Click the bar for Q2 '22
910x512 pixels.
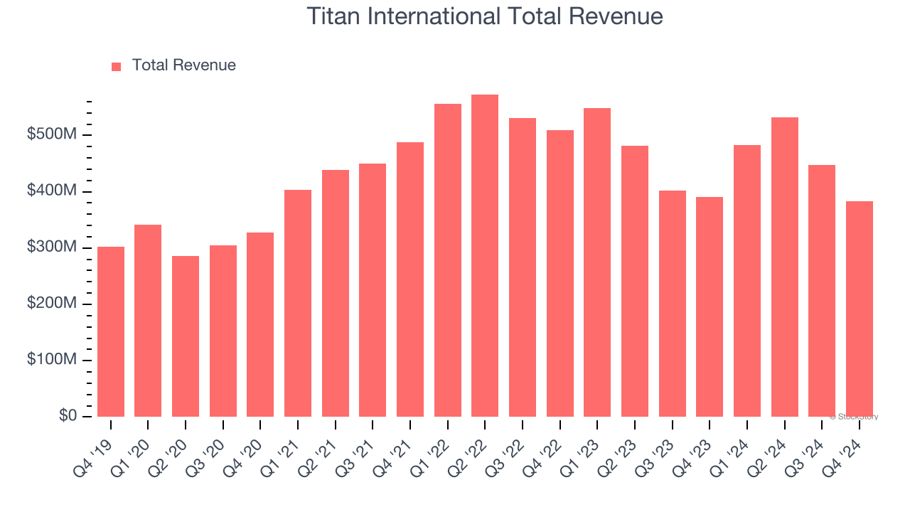[485, 256]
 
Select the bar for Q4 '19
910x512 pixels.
[111, 331]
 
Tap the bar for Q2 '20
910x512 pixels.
[186, 336]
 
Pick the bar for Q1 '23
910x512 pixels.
[597, 262]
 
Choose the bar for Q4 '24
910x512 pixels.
[859, 309]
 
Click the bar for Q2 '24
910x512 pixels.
[784, 267]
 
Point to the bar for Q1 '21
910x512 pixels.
[298, 303]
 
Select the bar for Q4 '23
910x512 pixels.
[710, 306]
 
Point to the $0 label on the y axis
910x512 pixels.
[67, 416]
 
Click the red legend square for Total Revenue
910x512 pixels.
[117, 66]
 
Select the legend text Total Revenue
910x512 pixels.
[183, 65]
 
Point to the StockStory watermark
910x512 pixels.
[853, 417]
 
